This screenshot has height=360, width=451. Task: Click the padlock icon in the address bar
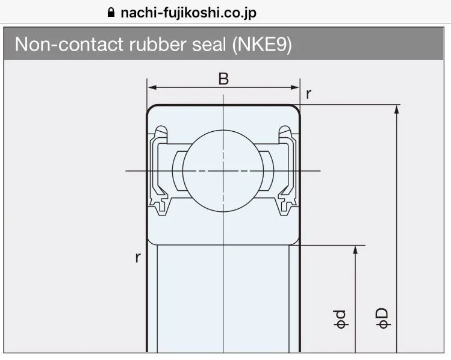110,12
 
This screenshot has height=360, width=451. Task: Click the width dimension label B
223,78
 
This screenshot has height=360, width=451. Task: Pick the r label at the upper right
309,93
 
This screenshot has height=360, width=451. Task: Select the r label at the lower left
138,258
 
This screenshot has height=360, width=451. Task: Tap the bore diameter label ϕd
341,319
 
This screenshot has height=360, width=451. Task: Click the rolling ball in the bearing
223,170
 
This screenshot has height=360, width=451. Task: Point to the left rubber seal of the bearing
160,170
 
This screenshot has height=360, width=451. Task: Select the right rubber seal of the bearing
287,170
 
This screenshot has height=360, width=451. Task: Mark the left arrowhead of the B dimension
152,87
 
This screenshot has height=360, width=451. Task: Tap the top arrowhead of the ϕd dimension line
356,249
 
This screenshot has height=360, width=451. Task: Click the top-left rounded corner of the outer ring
151,109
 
